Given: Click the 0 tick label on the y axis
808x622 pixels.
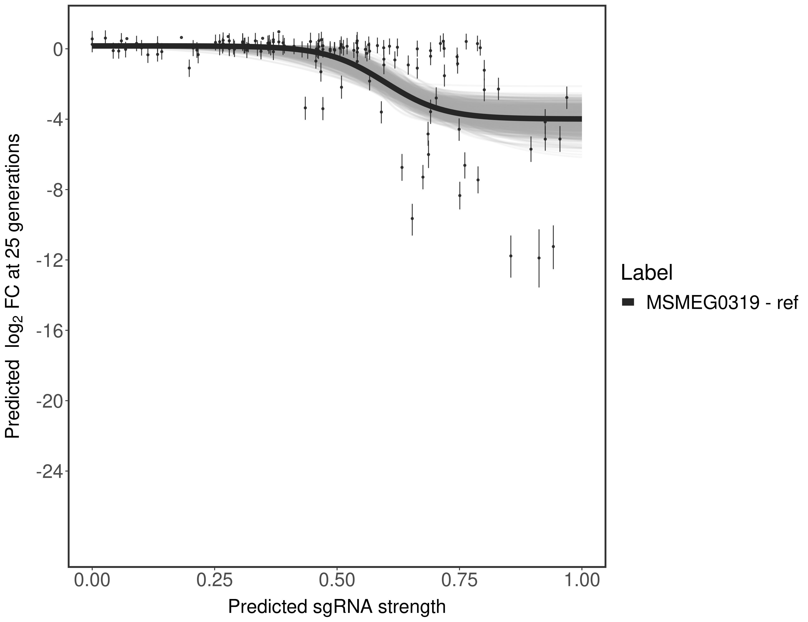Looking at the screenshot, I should click(58, 49).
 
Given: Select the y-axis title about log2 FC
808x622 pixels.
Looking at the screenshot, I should click(13, 286).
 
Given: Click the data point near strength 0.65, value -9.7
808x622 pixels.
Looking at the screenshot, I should click(412, 219).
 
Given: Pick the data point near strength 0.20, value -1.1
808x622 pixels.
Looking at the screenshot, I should click(189, 68).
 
